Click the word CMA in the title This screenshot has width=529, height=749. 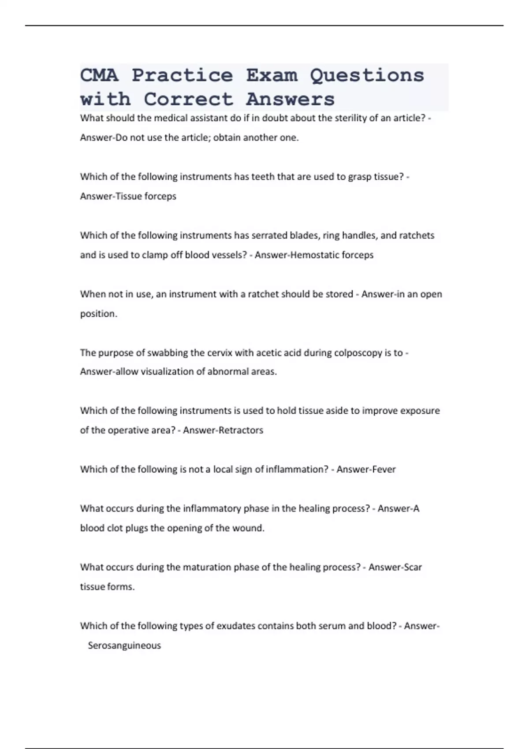pos(99,75)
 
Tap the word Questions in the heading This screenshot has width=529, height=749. pos(367,75)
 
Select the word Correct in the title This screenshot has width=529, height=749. pos(188,99)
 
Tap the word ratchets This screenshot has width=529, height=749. pos(417,235)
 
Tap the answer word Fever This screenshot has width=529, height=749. pos(384,470)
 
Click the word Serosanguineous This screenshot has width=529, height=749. pos(124,645)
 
